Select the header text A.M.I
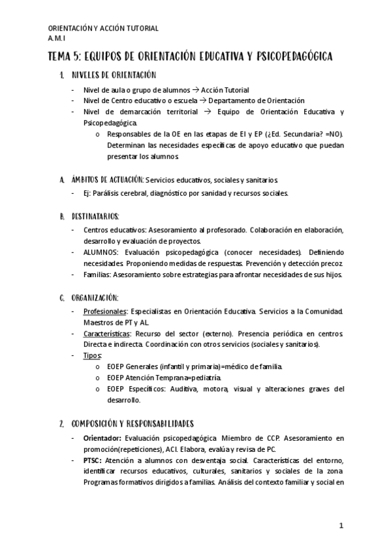57,38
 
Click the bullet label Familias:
98,275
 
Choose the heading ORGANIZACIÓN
95,297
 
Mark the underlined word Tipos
93,355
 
